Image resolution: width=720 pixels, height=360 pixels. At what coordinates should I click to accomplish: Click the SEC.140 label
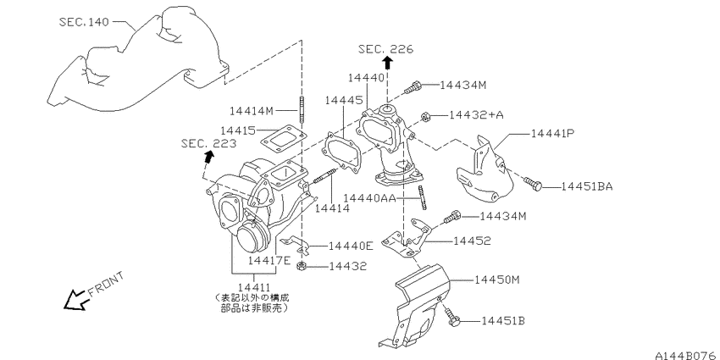pyautogui.click(x=85, y=22)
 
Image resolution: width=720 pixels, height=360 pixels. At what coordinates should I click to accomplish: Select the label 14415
pyautogui.click(x=237, y=130)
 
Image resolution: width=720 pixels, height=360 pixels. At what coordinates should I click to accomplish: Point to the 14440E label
pyautogui.click(x=345, y=246)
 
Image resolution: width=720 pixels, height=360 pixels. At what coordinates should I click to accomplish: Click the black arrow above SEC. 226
pyautogui.click(x=387, y=63)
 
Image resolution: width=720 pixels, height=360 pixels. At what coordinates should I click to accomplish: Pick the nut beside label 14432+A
pyautogui.click(x=429, y=116)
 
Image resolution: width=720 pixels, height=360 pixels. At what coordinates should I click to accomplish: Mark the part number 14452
pyautogui.click(x=472, y=241)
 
